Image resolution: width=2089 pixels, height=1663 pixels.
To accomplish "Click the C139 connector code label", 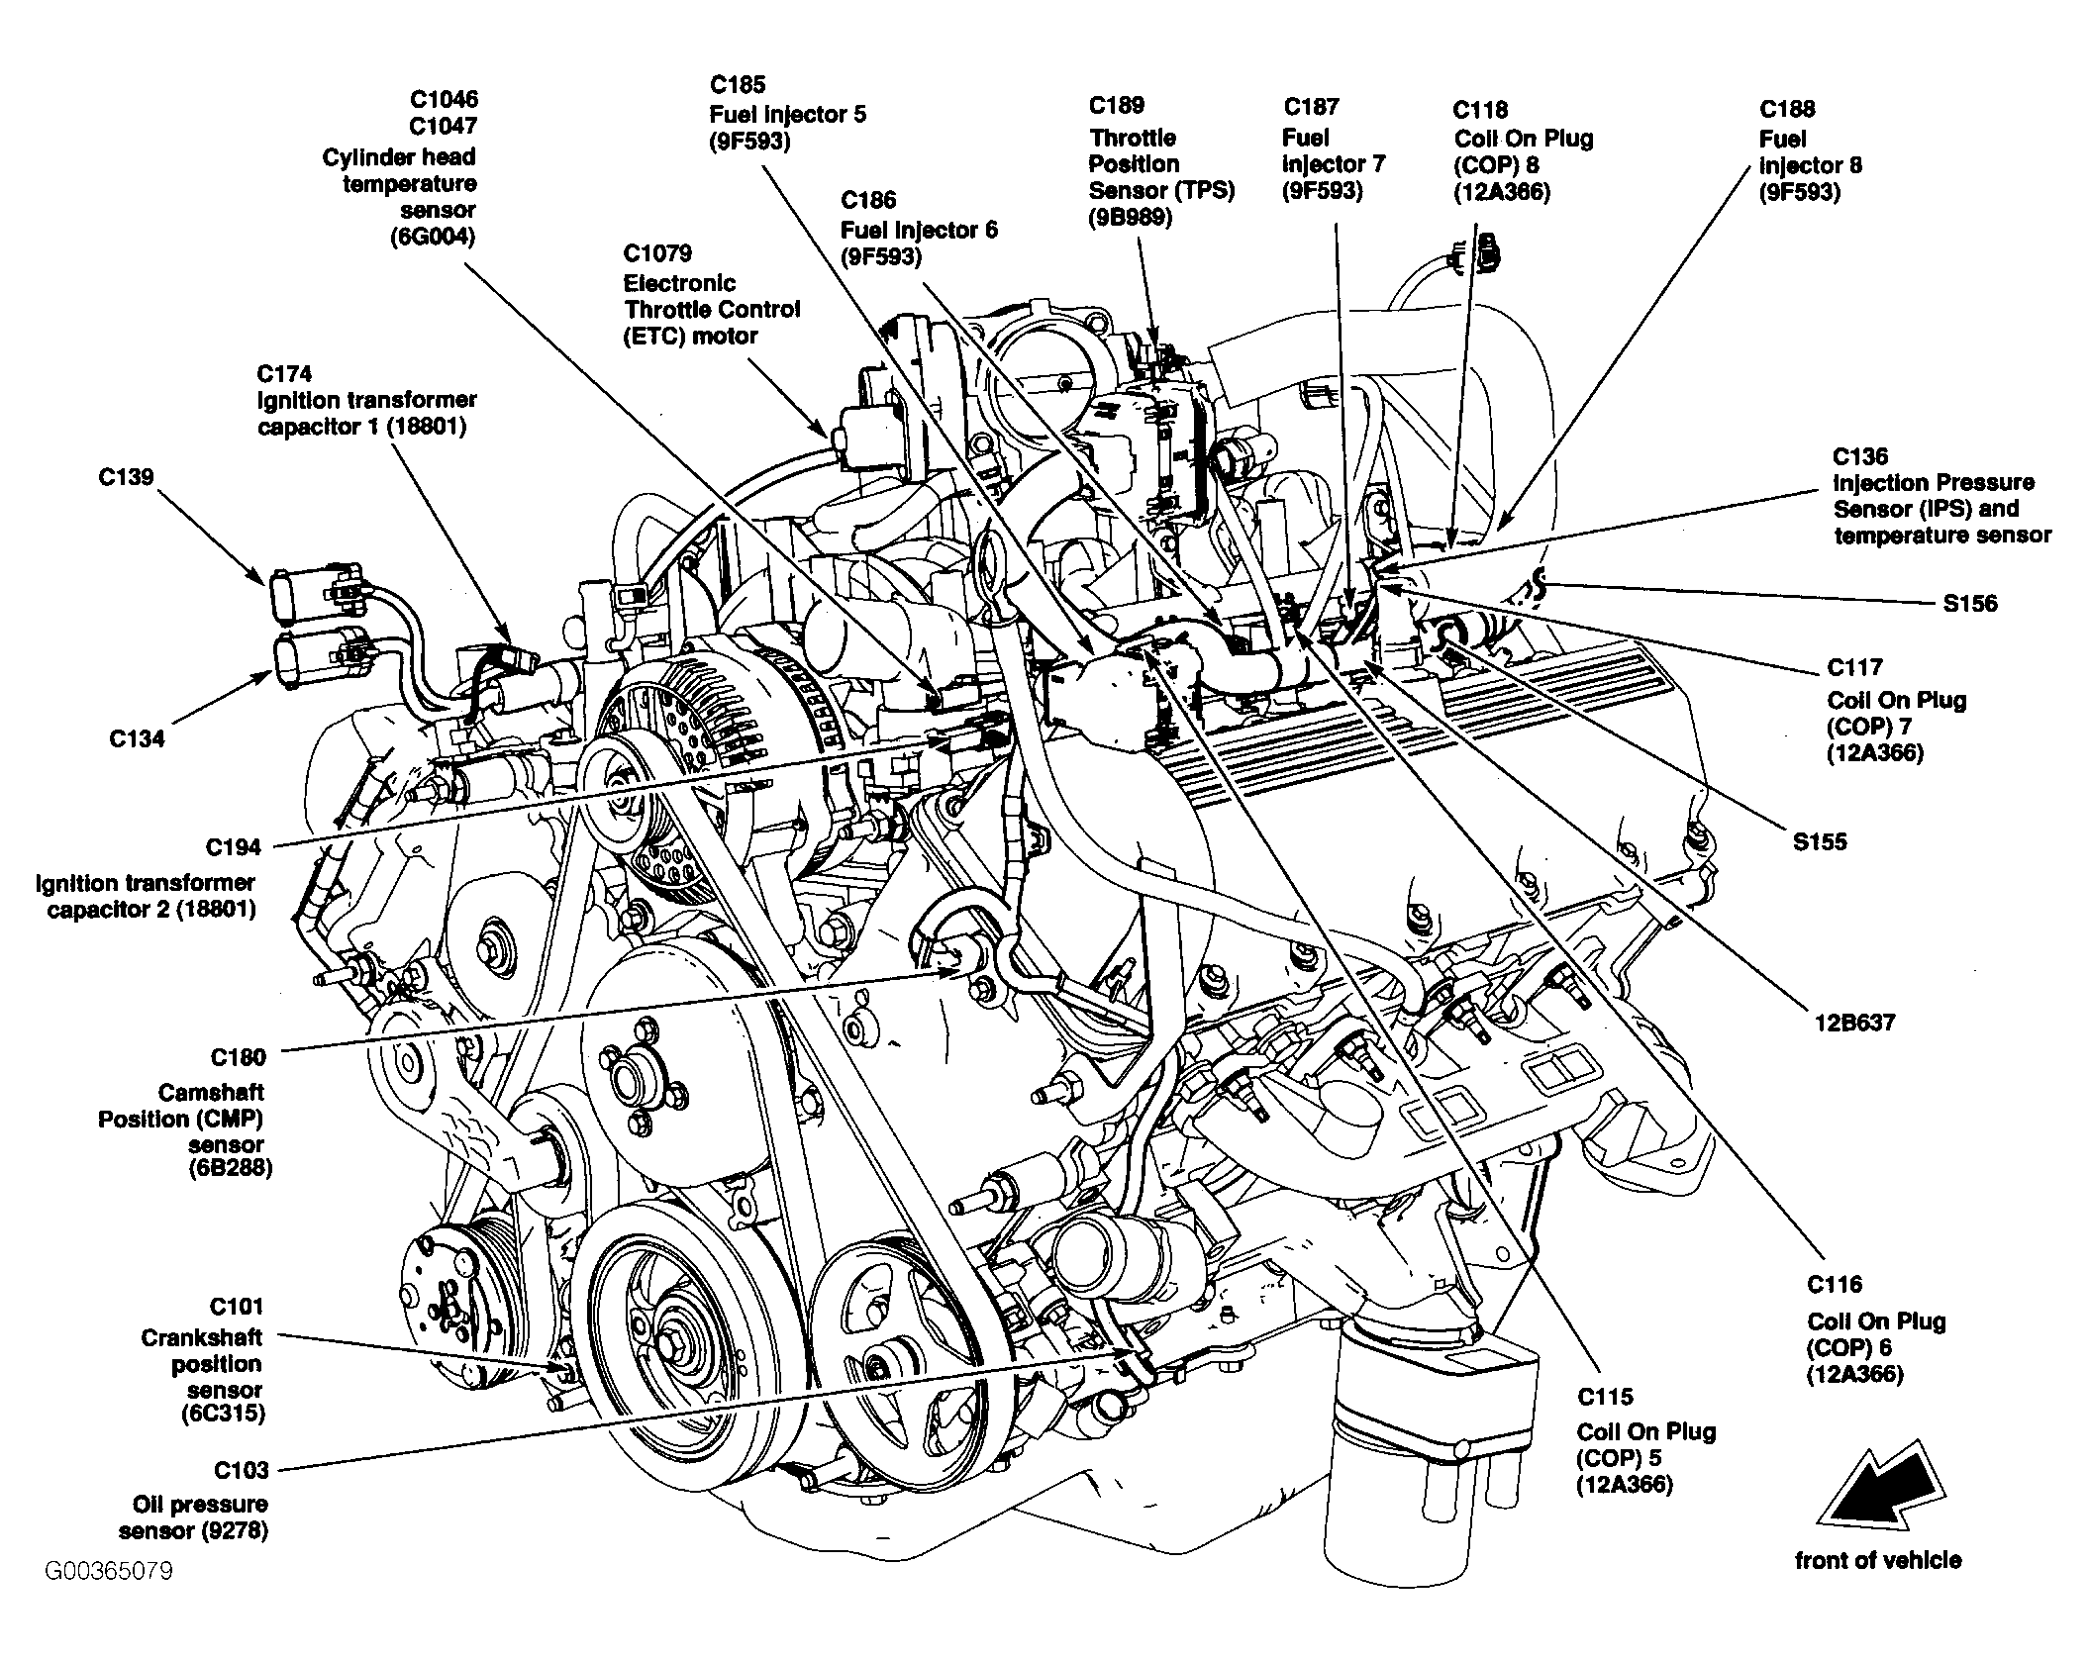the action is click(x=126, y=477).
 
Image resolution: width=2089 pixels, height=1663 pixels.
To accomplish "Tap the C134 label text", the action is click(x=137, y=738).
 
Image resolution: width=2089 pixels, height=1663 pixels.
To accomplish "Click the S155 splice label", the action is click(x=1820, y=841).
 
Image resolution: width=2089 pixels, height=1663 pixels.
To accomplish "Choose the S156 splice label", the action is click(x=1970, y=603).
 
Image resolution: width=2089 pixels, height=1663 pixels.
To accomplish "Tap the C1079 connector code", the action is click(x=657, y=253).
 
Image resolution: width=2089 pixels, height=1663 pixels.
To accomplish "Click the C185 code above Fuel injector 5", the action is click(x=738, y=85).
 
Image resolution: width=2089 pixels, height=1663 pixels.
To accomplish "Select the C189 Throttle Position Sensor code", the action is click(x=1117, y=106).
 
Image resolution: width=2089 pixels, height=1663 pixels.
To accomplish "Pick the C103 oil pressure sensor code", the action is click(x=240, y=1470).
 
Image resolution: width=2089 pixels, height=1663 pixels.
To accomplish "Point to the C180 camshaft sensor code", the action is click(x=238, y=1057).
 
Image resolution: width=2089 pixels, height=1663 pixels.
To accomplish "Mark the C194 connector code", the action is click(x=234, y=847).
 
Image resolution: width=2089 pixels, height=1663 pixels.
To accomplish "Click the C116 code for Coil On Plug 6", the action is click(x=1835, y=1285).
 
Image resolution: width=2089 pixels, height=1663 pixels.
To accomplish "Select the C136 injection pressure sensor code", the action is click(x=1860, y=456).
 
